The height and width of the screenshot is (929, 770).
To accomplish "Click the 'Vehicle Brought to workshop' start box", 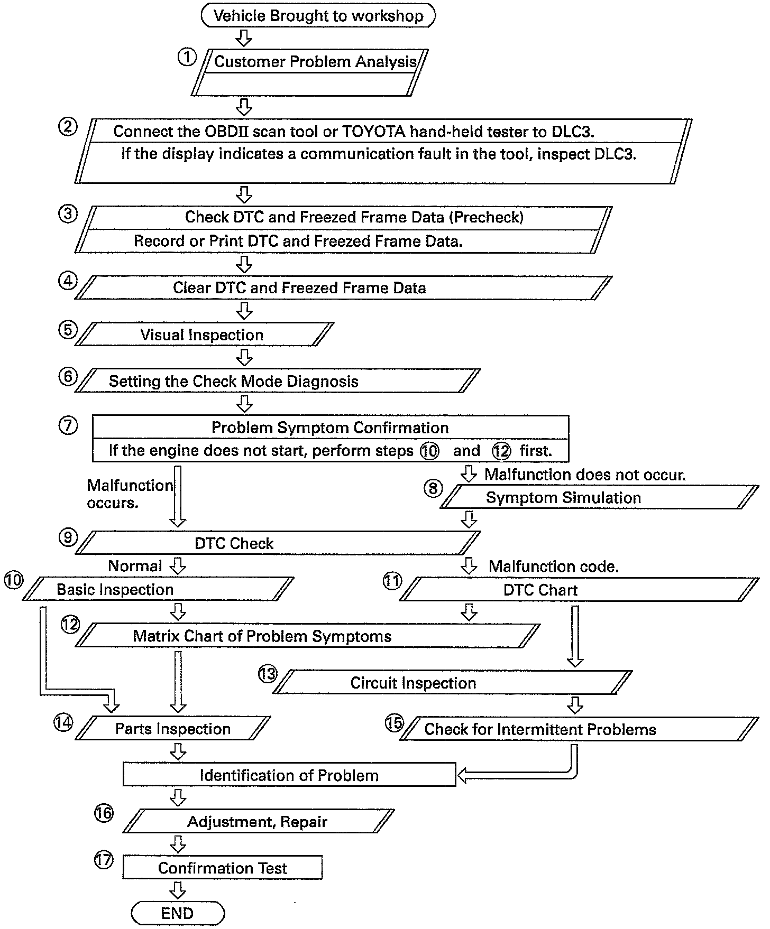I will [318, 15].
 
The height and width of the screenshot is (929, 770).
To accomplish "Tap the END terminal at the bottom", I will [178, 913].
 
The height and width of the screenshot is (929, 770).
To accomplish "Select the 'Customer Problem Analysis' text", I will [315, 62].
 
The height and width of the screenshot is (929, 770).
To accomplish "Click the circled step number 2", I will [68, 127].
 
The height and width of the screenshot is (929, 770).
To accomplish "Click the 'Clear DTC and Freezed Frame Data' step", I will [299, 288].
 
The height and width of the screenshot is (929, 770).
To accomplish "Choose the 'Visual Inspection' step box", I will [202, 335].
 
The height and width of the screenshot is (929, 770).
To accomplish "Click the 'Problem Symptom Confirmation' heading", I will [330, 428].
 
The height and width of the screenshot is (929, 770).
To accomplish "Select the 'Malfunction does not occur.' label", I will [585, 475].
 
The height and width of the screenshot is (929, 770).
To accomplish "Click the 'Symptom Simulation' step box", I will [564, 498].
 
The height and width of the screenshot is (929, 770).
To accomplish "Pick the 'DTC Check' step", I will [234, 544].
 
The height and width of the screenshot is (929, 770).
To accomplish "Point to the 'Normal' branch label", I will [135, 566].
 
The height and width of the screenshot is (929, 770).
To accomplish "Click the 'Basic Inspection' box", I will [115, 590].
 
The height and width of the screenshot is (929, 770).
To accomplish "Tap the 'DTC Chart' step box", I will [540, 590].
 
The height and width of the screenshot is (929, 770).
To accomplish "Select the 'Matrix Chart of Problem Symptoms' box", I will [262, 636].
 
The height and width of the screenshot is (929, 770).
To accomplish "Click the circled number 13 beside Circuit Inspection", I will [268, 674].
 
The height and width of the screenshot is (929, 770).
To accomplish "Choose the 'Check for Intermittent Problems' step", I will [540, 730].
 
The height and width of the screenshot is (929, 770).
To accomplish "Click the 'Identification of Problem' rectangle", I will [289, 775].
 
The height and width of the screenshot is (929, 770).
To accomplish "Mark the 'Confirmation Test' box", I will [223, 868].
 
